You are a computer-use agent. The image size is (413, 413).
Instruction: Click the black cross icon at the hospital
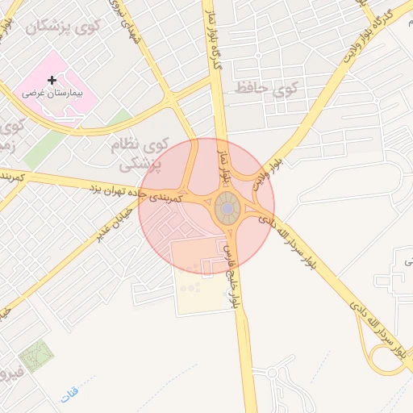tap(52, 80)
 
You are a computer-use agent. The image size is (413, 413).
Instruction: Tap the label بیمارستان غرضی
tap(52, 94)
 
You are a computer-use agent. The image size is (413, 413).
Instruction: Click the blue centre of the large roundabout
tap(228, 210)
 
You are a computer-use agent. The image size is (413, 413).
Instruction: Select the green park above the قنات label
tap(34, 356)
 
